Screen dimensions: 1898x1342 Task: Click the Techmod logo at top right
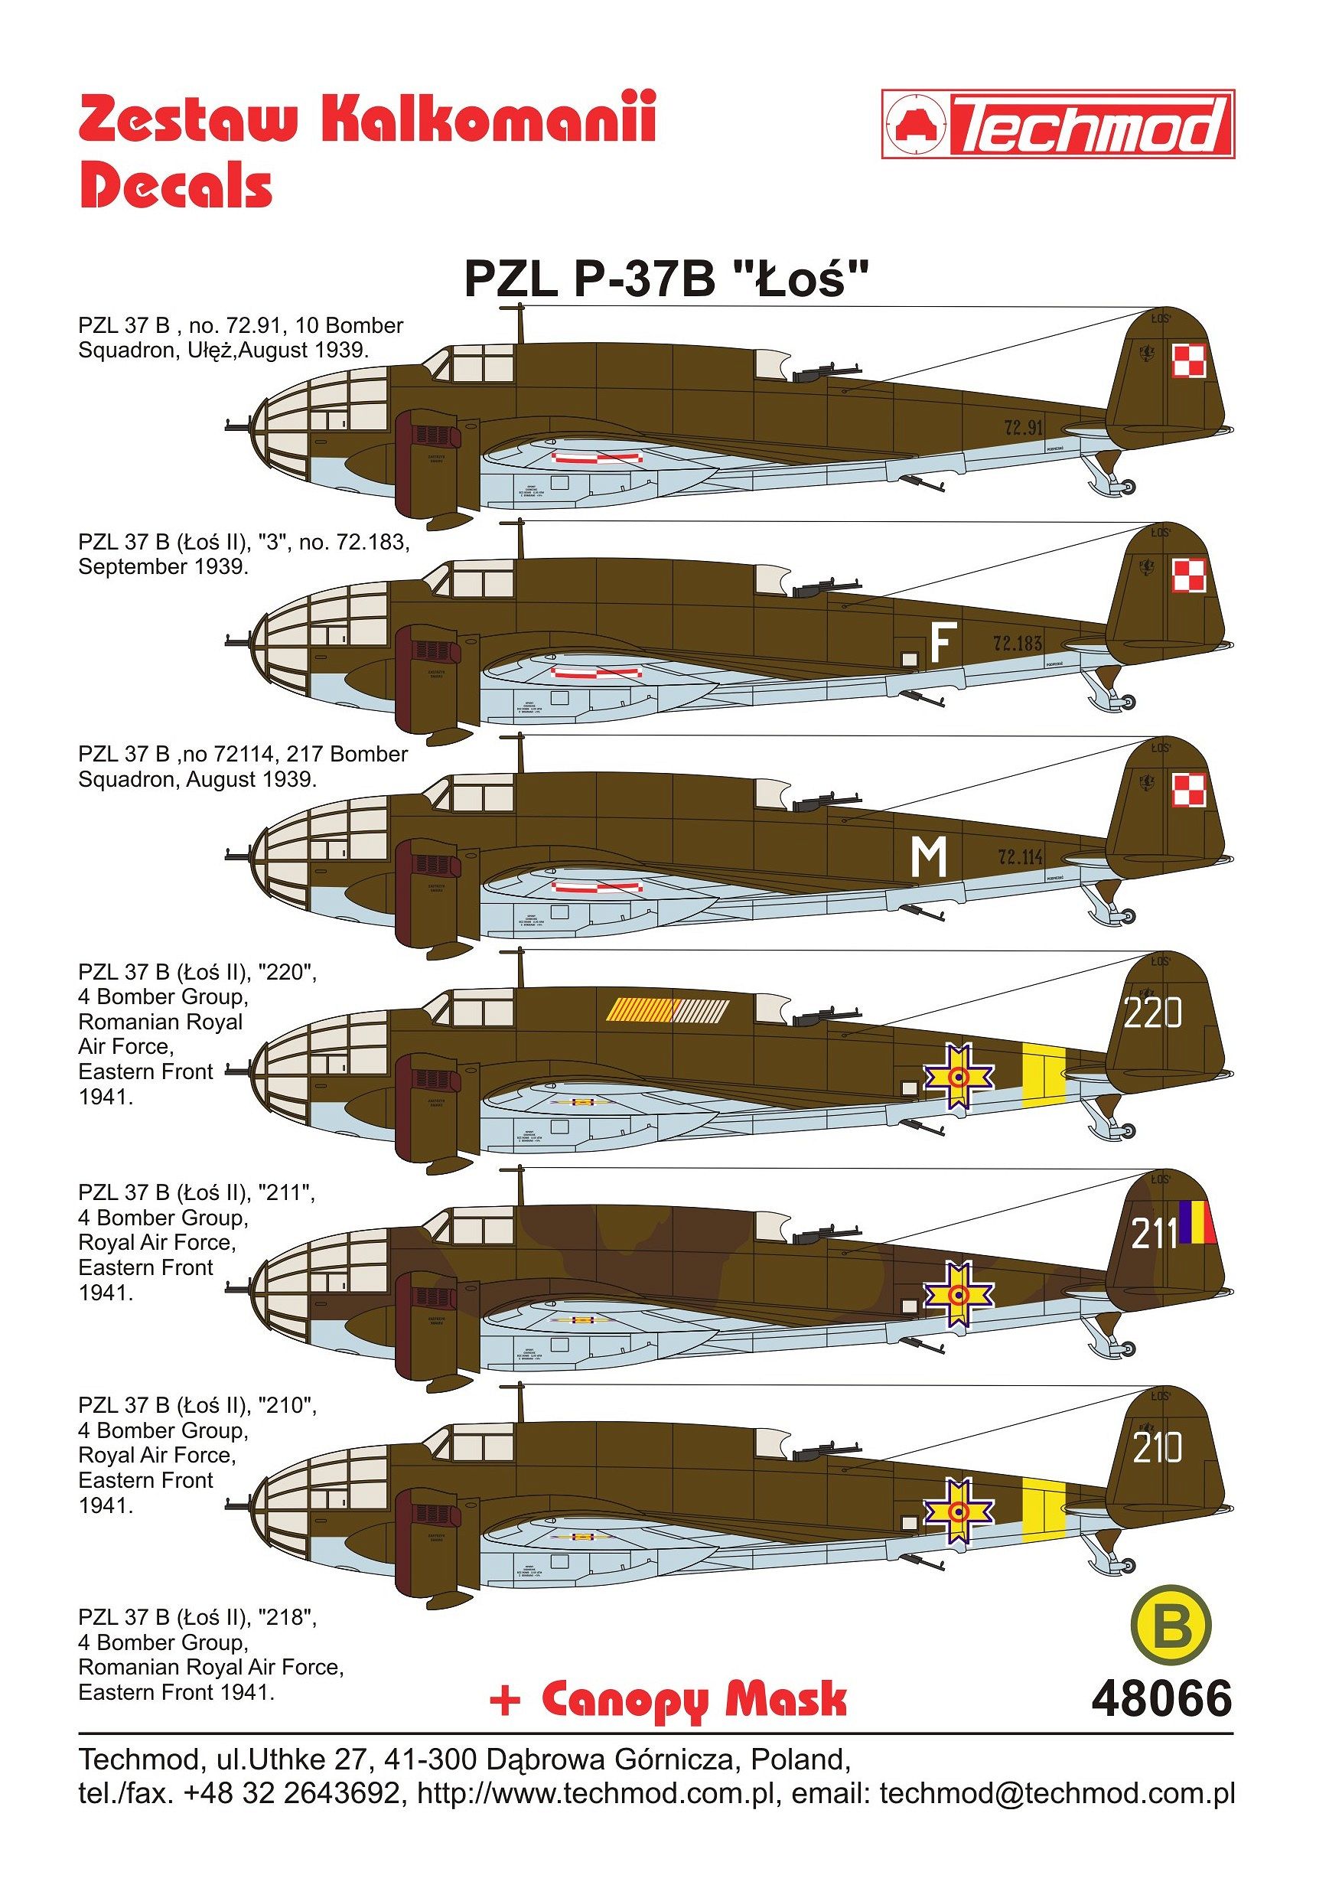[x=1057, y=124]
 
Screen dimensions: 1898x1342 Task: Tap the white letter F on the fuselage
[x=942, y=642]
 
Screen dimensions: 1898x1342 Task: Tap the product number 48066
[x=1161, y=1700]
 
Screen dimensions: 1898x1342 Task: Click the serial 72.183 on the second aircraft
[x=1018, y=643]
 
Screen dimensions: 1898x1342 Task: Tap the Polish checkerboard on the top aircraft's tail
[x=1189, y=361]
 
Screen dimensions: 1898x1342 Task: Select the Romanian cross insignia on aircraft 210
[x=959, y=1511]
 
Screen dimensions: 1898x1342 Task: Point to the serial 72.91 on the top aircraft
[x=1023, y=427]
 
